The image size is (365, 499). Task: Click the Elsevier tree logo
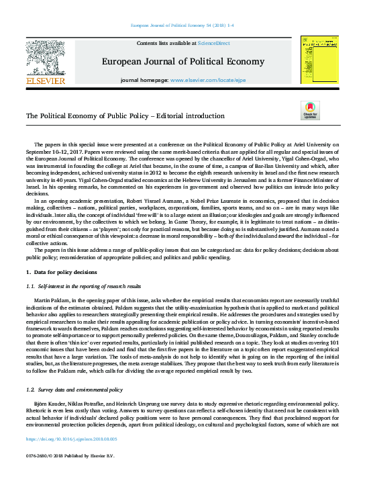(x=45, y=56)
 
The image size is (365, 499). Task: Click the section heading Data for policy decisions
(x=64, y=271)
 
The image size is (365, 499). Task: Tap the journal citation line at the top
(x=182, y=26)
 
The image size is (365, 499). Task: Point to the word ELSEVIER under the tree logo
(x=45, y=81)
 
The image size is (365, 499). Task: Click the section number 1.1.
(x=30, y=286)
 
